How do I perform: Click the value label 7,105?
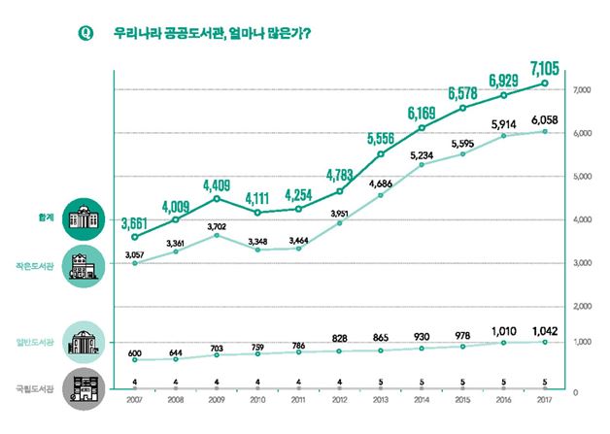point(544,67)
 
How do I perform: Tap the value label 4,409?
point(217,184)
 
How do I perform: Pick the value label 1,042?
point(544,328)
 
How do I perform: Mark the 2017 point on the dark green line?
point(544,83)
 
